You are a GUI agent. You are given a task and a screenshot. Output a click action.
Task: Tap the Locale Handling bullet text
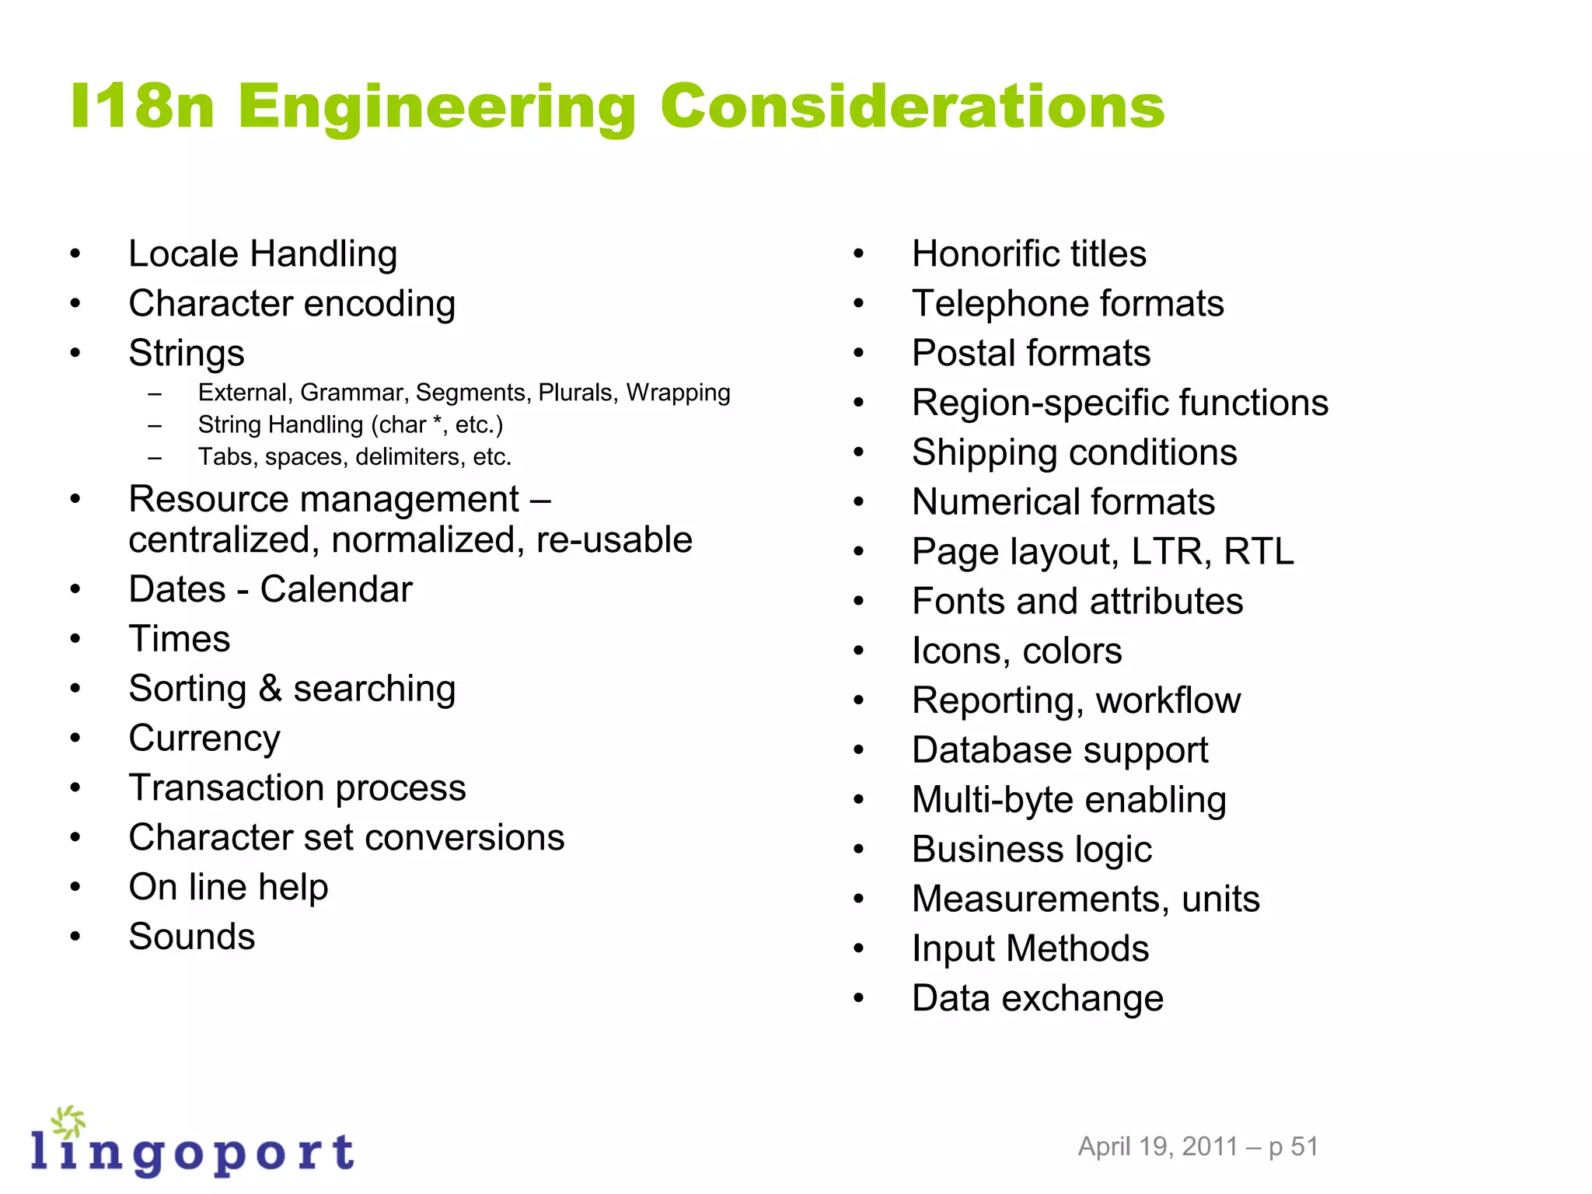point(263,254)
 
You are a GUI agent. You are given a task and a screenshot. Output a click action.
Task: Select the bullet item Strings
point(187,354)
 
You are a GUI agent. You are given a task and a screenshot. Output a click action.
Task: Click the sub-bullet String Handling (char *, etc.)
point(351,425)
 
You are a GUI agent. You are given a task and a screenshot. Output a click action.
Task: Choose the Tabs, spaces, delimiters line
point(354,457)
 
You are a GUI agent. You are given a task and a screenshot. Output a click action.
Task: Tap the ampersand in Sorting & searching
point(270,689)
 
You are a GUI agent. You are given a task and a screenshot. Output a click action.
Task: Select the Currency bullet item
point(204,738)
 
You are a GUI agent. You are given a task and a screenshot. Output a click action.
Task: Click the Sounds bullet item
point(192,937)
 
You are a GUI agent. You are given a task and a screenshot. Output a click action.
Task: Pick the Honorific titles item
point(1028,254)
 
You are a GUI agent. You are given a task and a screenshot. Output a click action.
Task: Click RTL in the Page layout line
point(1259,552)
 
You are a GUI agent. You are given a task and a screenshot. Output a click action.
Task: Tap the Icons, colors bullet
point(1017,651)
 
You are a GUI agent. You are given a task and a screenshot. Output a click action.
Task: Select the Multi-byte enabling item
point(1069,800)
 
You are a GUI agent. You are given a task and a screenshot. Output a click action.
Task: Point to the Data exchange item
point(1038,998)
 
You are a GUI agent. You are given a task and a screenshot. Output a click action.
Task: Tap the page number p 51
point(1293,1147)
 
